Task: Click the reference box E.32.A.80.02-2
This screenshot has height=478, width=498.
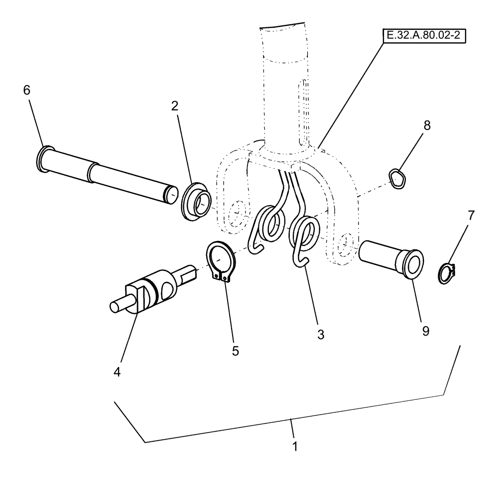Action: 424,37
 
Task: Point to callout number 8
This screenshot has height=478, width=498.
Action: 426,125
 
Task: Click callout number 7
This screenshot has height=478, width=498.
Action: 471,216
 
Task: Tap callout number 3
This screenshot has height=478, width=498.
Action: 320,335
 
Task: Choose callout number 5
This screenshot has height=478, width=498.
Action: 235,351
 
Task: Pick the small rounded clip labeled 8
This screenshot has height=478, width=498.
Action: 396,179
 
